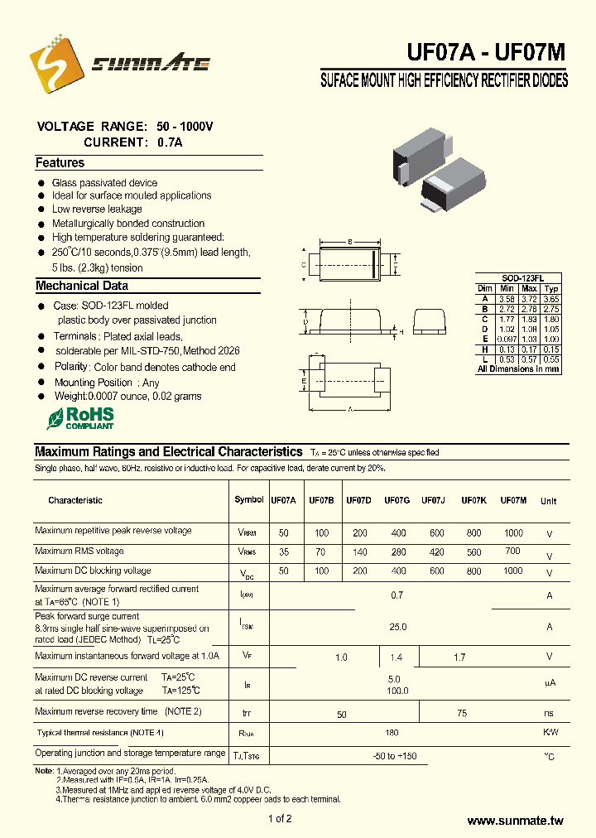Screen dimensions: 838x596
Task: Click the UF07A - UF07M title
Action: pos(486,52)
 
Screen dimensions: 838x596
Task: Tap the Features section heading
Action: pos(60,163)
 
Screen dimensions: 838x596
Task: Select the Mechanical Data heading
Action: pos(81,286)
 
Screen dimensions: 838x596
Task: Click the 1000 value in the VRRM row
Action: pos(513,532)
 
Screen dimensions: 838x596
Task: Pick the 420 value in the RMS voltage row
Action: pos(436,551)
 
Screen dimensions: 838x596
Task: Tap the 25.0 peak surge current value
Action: pos(398,627)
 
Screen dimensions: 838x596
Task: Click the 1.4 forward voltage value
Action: pos(396,657)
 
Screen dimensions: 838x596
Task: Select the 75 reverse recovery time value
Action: pos(462,712)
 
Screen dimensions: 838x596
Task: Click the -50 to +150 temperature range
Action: pos(394,756)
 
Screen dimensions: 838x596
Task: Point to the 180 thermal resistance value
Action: pos(392,733)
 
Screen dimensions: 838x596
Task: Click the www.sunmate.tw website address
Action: pos(515,821)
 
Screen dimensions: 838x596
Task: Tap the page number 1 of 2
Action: pos(280,819)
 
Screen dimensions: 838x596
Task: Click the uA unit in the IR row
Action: pos(549,683)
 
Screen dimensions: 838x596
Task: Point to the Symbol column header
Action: pos(249,499)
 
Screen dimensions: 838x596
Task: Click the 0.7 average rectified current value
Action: pos(397,595)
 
